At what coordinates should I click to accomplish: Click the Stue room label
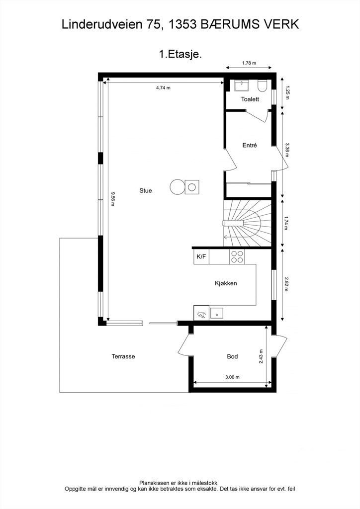pos(145,190)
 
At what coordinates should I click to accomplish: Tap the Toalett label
pos(250,99)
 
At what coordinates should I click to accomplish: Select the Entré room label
pos(250,146)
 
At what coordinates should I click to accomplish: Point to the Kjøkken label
pos(226,283)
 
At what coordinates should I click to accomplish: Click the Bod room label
pos(232,356)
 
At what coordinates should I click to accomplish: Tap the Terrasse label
pos(123,356)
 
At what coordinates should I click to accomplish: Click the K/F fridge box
pos(201,256)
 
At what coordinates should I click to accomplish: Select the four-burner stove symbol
pos(237,256)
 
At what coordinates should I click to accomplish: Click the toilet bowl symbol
pos(262,85)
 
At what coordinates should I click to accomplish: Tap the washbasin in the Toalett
pos(241,85)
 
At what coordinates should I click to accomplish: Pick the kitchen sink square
pos(216,313)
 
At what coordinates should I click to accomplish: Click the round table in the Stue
pos(177,187)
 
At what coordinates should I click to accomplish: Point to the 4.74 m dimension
pos(163,87)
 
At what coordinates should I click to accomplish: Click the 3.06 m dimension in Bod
pos(232,377)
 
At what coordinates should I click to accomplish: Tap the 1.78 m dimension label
pos(249,63)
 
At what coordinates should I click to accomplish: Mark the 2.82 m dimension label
pos(286,284)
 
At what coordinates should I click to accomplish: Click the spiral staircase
pos(247,223)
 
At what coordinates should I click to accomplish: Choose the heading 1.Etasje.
pos(180,54)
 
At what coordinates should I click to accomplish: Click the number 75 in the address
pos(153,25)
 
